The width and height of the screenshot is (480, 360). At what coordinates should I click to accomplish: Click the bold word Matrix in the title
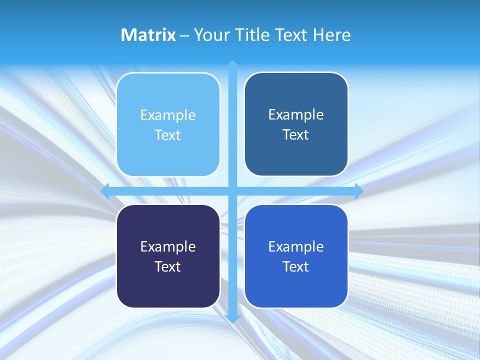coord(148,35)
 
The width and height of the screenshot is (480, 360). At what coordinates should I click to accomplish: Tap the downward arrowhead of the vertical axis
coord(232,319)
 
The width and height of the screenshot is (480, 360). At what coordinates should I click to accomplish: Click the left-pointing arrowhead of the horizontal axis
coord(105,191)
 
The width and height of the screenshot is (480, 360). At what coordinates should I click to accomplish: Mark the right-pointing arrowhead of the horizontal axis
coord(359,191)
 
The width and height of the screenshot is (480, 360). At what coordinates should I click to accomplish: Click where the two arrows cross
coord(232,191)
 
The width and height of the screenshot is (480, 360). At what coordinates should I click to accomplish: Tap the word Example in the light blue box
coord(168,115)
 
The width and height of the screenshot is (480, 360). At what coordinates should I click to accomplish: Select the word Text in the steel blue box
coord(296,135)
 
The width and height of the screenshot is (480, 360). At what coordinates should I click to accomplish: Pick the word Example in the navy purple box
coord(168,247)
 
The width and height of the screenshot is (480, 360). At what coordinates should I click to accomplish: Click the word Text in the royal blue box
coord(296,267)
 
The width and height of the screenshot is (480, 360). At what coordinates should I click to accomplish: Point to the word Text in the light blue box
coord(168,135)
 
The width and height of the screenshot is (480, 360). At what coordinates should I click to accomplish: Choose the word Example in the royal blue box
coord(296,247)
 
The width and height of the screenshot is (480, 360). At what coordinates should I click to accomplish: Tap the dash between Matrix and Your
coord(184,35)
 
